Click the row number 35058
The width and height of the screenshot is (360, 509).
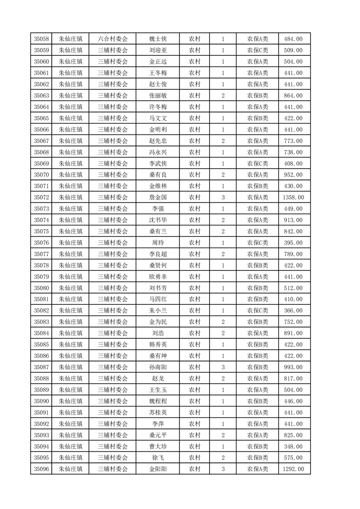coord(41,39)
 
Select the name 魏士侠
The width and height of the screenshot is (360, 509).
coord(158,39)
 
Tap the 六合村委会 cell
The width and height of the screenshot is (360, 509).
coord(113,39)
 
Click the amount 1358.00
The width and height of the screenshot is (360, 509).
coord(293,197)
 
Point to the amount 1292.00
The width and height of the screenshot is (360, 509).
coord(293,469)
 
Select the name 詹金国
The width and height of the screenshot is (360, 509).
coord(158,197)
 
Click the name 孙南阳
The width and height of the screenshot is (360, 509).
coord(158,367)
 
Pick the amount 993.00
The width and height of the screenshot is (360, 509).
coord(293,367)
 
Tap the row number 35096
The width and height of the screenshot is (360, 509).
coord(41,469)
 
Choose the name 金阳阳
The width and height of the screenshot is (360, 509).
coord(158,469)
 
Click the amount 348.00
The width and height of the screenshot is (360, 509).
coord(293,446)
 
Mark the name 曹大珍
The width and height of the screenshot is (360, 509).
coord(158,446)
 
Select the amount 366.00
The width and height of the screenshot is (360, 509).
coord(293,310)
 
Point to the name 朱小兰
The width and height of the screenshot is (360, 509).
coord(158,310)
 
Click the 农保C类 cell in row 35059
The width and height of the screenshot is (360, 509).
coord(257,50)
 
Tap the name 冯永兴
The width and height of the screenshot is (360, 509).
coord(158,152)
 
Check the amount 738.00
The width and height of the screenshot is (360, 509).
coord(293,152)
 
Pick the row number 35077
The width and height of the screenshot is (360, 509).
coord(41,254)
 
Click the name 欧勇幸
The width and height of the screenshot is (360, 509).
coord(158,277)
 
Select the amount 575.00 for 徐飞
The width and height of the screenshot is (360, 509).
coord(293,458)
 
